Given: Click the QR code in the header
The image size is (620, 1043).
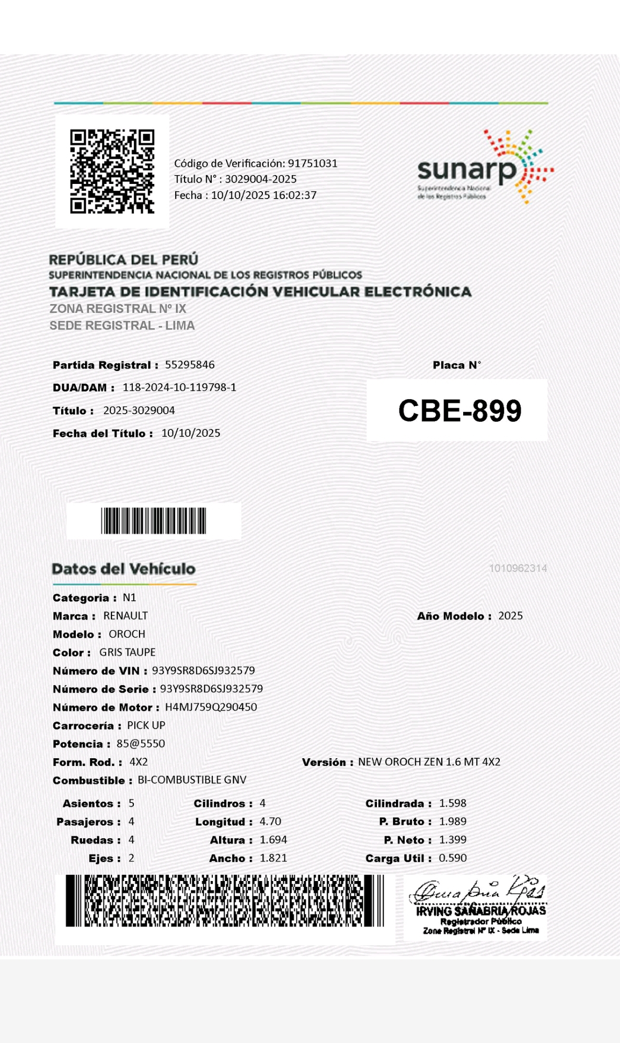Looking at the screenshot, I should point(112,171).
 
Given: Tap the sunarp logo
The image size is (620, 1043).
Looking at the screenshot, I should point(484,167).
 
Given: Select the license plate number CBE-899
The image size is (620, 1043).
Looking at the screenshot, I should point(460,411).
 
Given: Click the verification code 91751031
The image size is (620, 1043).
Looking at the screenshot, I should point(313,164).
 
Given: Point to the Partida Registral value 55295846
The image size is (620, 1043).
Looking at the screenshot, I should point(190,365).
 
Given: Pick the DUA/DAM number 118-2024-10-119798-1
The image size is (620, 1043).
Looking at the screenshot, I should point(179,387).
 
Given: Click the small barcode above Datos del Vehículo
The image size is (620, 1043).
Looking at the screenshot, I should point(154,520).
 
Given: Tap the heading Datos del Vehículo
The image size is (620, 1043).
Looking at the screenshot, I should point(124,569).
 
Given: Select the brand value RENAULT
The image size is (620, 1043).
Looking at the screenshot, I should point(125,616).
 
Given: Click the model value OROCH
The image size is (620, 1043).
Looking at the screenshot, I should point(127,634).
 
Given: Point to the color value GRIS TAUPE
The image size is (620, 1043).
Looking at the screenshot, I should point(128,652).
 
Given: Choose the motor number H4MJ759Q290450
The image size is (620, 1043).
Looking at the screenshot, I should point(211,707).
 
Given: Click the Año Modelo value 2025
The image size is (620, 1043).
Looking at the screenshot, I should point(510,616).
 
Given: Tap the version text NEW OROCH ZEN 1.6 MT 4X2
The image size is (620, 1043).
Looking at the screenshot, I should point(429,762).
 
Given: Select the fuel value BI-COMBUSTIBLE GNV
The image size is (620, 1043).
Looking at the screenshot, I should point(192,780).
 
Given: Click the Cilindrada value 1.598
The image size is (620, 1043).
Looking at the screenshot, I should point(453,803).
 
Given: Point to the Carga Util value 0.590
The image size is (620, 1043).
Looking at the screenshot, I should point(453,858).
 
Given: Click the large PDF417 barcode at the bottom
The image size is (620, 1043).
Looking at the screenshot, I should point(225,901).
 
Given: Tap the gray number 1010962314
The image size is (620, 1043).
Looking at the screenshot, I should point(518,568).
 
